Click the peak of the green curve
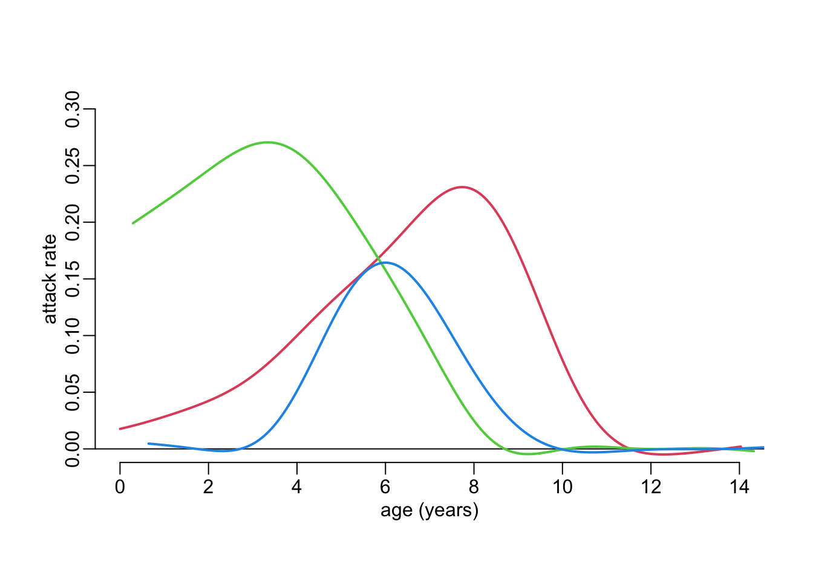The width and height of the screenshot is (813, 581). (x=267, y=143)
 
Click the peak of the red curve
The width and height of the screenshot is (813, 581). (x=462, y=187)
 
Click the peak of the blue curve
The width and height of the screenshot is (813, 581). (x=385, y=262)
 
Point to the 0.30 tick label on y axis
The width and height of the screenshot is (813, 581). (x=73, y=110)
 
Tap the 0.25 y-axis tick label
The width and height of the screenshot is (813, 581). (x=73, y=166)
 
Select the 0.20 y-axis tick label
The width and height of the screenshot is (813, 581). (x=73, y=223)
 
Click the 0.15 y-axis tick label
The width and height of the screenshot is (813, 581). (x=73, y=279)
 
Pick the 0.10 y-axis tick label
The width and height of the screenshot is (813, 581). (x=73, y=336)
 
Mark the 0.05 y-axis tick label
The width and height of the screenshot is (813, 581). (x=73, y=392)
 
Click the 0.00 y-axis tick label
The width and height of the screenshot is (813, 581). (x=73, y=449)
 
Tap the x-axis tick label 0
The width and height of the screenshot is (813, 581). (x=120, y=487)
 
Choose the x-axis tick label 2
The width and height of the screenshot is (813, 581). (x=208, y=487)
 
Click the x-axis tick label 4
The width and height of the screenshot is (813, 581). (x=296, y=487)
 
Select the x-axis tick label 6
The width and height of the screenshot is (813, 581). (x=385, y=487)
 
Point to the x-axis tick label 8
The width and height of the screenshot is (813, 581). (x=474, y=487)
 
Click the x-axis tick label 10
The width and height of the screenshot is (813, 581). (x=562, y=487)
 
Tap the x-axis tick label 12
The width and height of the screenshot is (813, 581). (x=651, y=487)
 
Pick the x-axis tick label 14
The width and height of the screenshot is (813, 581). (x=739, y=487)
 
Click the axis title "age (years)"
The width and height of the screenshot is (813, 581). (x=429, y=510)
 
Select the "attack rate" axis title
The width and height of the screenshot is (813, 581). (x=50, y=279)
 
